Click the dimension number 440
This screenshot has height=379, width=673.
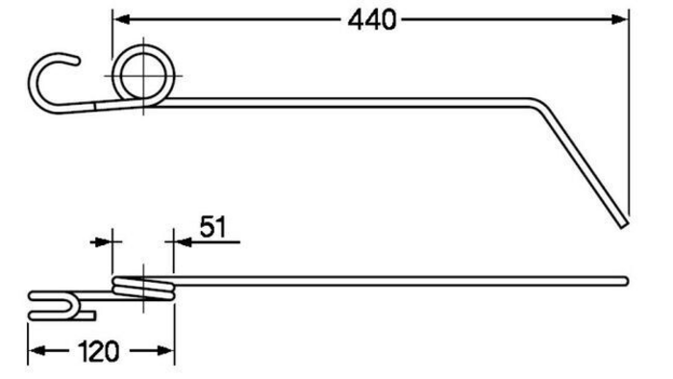(372, 20)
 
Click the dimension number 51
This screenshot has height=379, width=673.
(212, 227)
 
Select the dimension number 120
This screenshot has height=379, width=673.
(99, 352)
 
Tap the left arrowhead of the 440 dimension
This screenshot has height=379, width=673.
(121, 19)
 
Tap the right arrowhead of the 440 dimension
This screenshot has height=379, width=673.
(620, 19)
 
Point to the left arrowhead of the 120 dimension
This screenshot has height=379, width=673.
(37, 351)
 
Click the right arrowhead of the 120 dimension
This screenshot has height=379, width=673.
(165, 351)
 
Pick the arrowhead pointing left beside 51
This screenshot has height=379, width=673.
(183, 242)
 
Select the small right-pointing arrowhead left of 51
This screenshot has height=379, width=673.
(103, 242)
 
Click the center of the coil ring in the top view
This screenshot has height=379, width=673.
(143, 76)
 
